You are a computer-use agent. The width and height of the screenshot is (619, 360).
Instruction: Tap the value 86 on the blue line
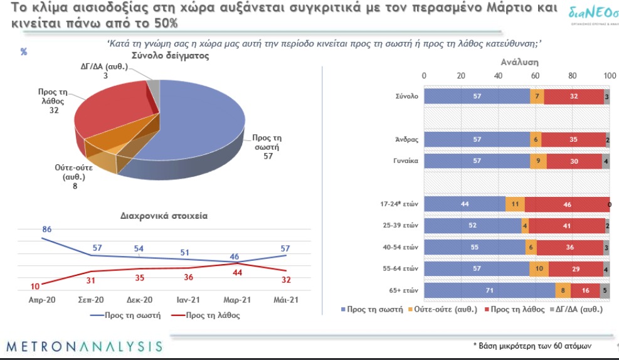click(x=46, y=230)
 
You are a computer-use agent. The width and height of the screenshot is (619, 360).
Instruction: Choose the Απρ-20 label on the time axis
click(x=43, y=300)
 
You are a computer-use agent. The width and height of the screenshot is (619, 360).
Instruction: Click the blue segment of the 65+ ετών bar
click(x=489, y=291)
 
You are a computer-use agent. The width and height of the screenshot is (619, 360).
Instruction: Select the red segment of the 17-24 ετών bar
click(x=566, y=204)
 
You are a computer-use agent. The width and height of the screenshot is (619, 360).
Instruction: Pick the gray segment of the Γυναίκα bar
click(x=605, y=161)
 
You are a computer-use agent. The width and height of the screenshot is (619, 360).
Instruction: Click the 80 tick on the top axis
click(x=572, y=76)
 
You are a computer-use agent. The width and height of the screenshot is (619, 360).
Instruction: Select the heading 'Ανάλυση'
click(x=519, y=63)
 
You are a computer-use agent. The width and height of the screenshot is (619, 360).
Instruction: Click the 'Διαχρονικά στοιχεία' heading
click(x=164, y=215)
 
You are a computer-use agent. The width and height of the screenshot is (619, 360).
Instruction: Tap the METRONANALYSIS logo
click(x=83, y=346)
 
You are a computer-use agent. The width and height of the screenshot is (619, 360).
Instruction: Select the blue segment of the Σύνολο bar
click(x=477, y=97)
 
